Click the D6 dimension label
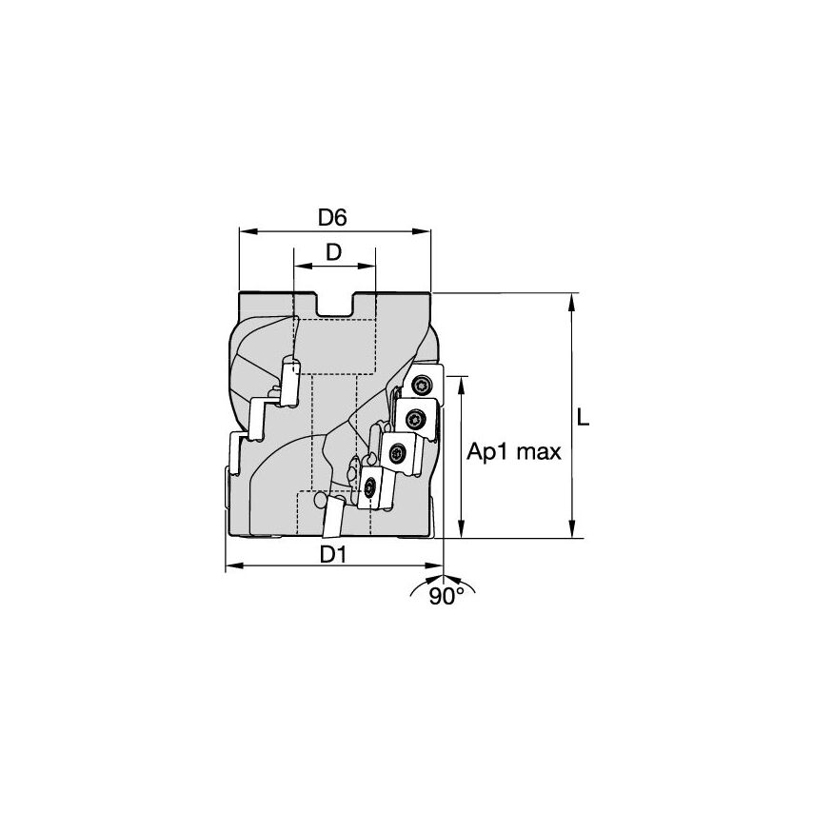pyautogui.click(x=331, y=217)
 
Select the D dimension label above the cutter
pyautogui.click(x=333, y=252)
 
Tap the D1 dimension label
pyautogui.click(x=331, y=554)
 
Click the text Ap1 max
pyautogui.click(x=514, y=453)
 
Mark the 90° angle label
pyautogui.click(x=446, y=597)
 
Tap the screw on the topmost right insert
pyautogui.click(x=422, y=384)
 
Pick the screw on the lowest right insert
pyautogui.click(x=370, y=488)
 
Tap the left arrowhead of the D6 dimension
pyautogui.click(x=243, y=230)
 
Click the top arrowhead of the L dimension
pyautogui.click(x=571, y=298)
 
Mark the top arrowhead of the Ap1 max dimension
pyautogui.click(x=462, y=381)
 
